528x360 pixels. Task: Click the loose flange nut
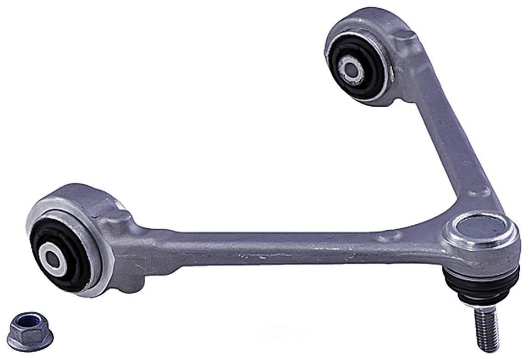click(x=27, y=329)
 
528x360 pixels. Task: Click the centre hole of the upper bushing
click(x=350, y=68)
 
